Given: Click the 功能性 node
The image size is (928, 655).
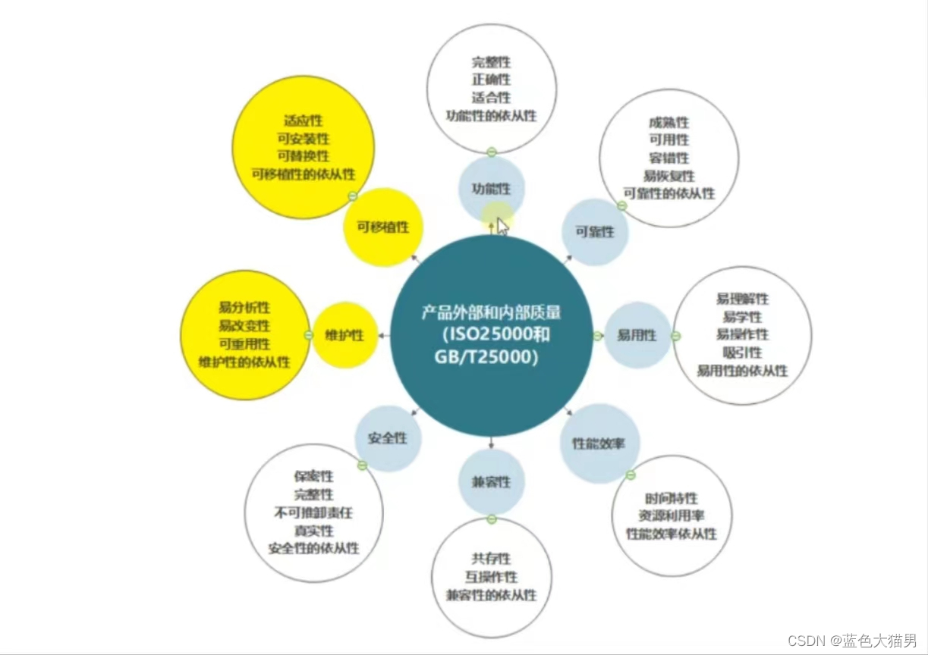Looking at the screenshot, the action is (x=491, y=189).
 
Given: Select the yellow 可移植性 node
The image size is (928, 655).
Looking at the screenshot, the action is (x=382, y=227).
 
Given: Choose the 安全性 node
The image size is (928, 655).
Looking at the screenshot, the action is (x=388, y=438).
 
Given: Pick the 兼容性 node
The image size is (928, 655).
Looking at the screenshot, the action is (x=491, y=482).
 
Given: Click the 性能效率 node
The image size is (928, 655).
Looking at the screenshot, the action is (x=599, y=443).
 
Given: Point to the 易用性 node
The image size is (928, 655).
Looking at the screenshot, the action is (x=636, y=335).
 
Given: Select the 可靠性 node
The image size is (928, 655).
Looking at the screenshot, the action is (x=595, y=232).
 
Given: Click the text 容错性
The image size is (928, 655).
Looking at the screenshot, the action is (x=668, y=158).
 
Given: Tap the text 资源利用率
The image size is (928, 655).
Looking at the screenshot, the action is (x=671, y=516).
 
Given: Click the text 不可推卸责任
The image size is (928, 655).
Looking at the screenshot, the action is (x=313, y=512).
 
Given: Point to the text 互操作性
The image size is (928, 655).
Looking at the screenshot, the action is (x=491, y=577).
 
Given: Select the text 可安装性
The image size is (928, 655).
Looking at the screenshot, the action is (x=304, y=138).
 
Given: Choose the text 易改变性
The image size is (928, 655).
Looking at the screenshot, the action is (x=244, y=325).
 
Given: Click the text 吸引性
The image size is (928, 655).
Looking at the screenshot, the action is (x=742, y=353).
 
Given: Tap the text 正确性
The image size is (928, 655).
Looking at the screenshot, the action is (x=491, y=80).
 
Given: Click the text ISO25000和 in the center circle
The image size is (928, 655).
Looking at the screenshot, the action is (x=491, y=334).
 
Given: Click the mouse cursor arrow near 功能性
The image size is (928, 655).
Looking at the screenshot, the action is (x=502, y=227).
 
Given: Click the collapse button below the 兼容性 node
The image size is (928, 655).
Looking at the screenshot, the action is (x=491, y=519).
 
